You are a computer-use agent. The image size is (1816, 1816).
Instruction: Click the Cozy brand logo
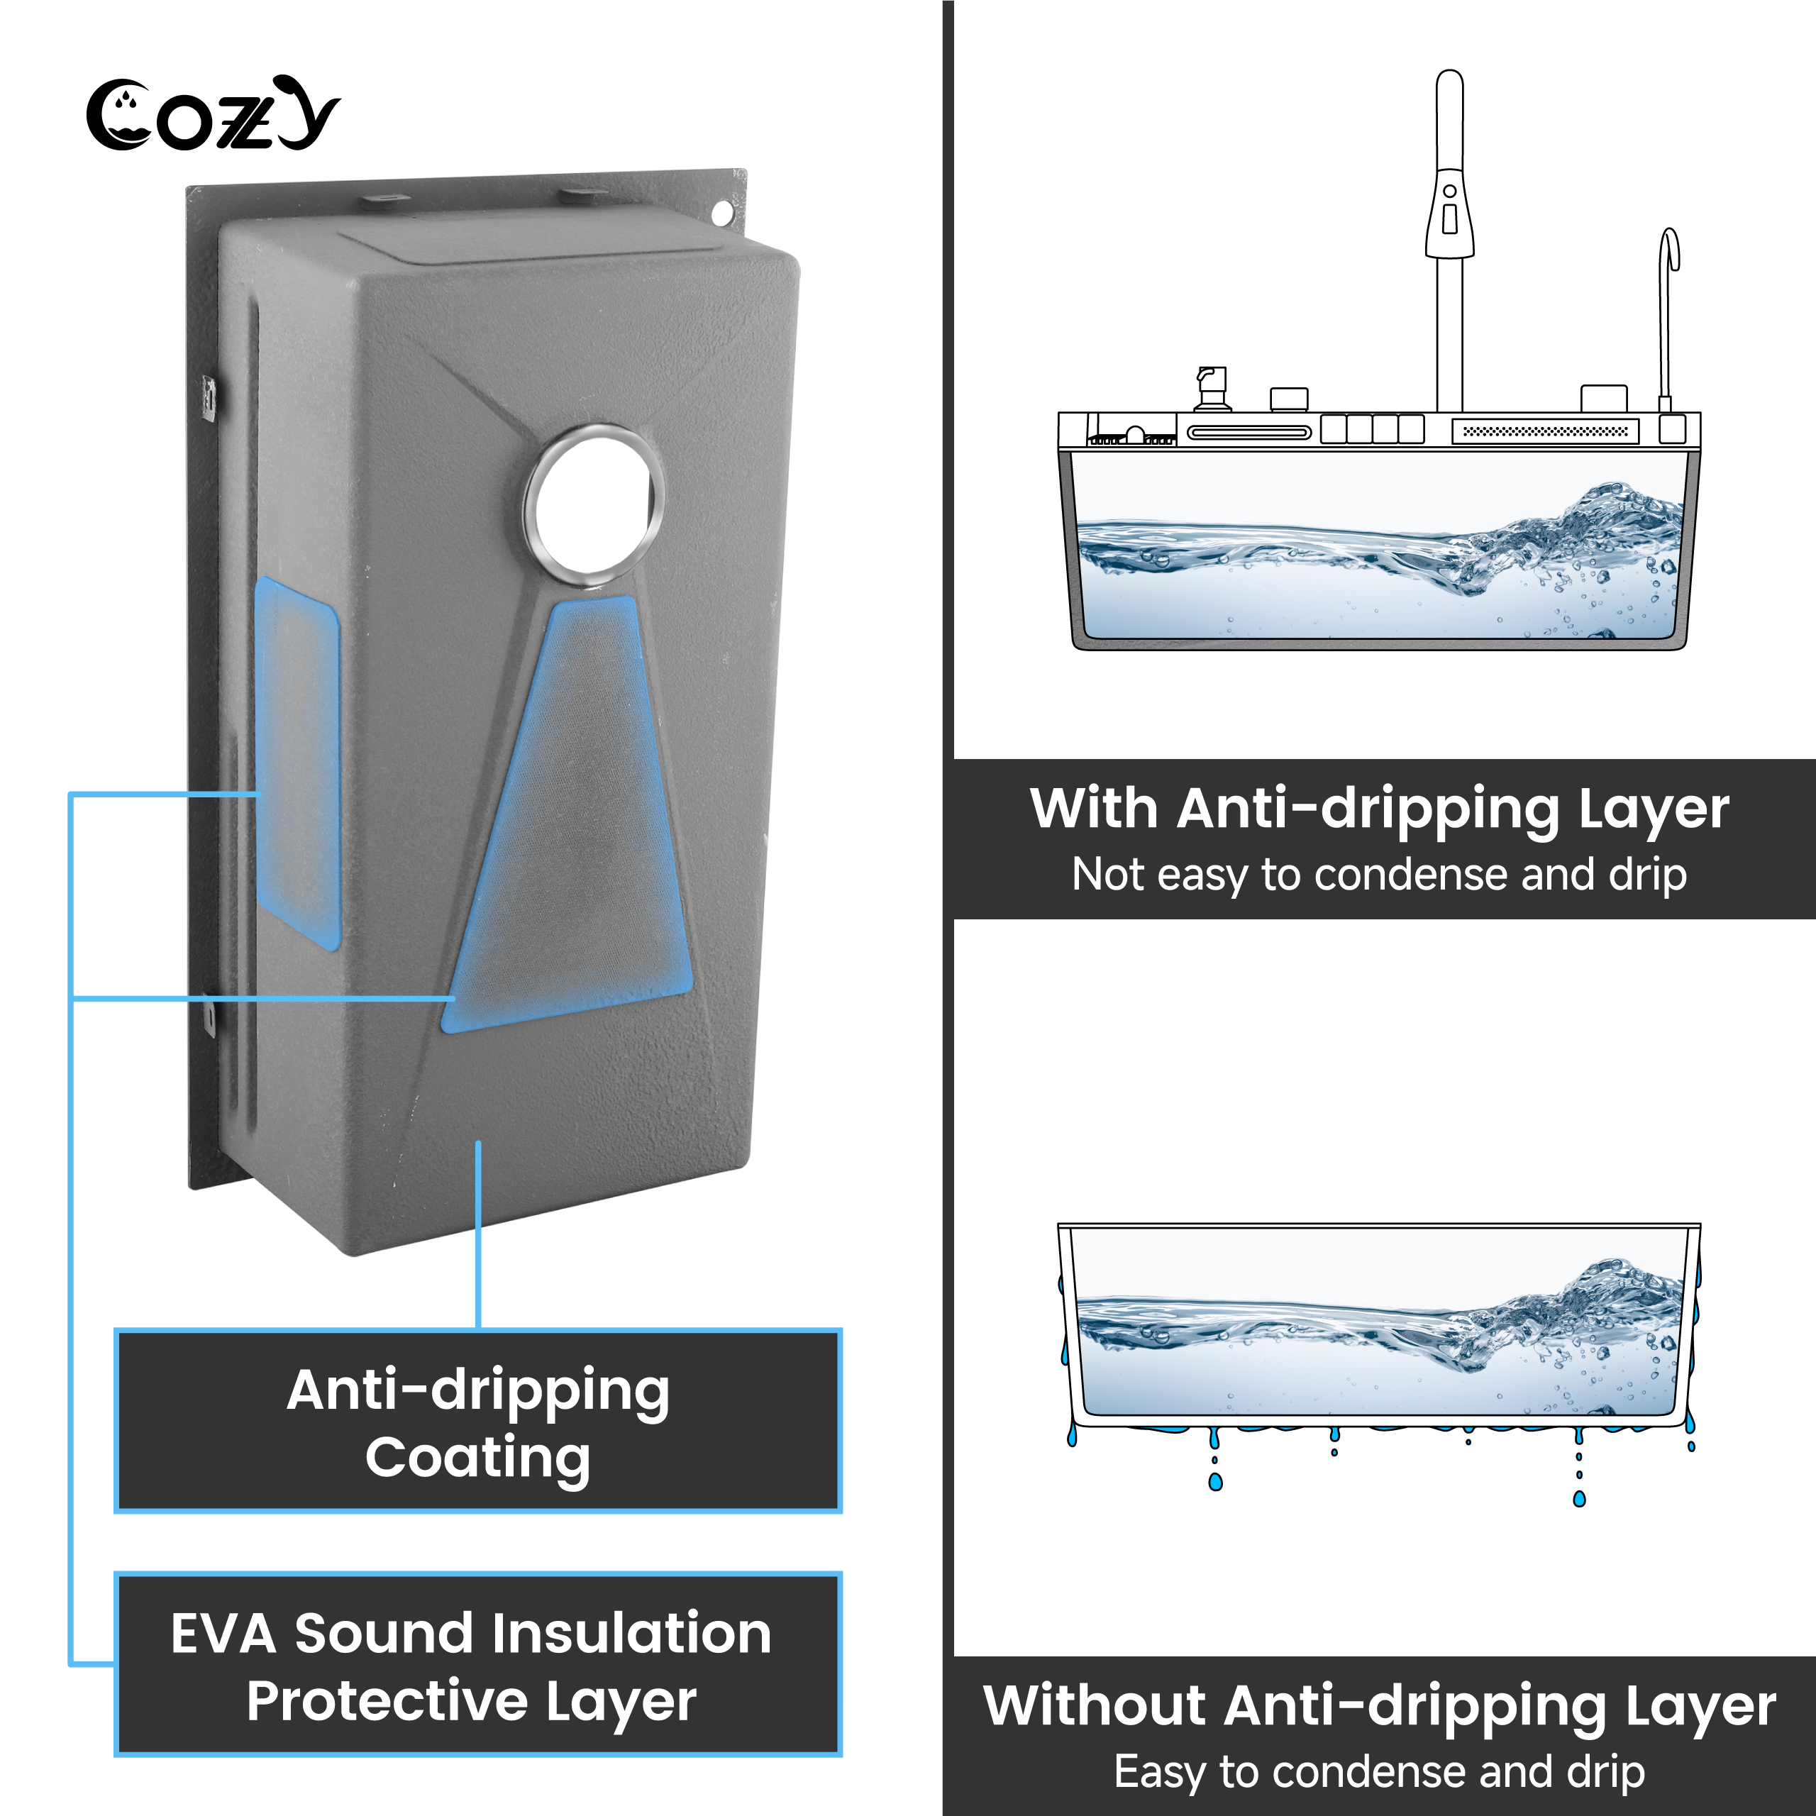click(x=212, y=115)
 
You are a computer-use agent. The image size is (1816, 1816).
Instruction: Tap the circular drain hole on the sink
click(x=594, y=500)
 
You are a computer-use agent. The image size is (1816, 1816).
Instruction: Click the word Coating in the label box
click(x=477, y=1458)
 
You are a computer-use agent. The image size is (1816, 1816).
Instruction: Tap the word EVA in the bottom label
click(x=223, y=1634)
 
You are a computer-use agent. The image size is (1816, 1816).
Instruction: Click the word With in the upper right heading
click(x=1093, y=809)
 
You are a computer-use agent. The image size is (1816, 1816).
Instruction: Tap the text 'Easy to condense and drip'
click(x=1379, y=1772)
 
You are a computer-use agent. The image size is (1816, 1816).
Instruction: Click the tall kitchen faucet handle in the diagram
click(x=1449, y=214)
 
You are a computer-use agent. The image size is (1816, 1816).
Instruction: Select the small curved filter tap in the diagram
click(x=1668, y=310)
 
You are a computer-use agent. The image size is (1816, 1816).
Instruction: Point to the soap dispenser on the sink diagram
click(x=1212, y=388)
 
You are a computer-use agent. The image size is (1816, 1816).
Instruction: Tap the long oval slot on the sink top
click(x=1248, y=433)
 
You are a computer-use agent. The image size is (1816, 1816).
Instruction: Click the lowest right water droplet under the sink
click(x=1579, y=1499)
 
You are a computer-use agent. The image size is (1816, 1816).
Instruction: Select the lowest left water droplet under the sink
click(x=1215, y=1483)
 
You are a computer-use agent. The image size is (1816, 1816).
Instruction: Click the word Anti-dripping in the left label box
click(x=477, y=1390)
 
